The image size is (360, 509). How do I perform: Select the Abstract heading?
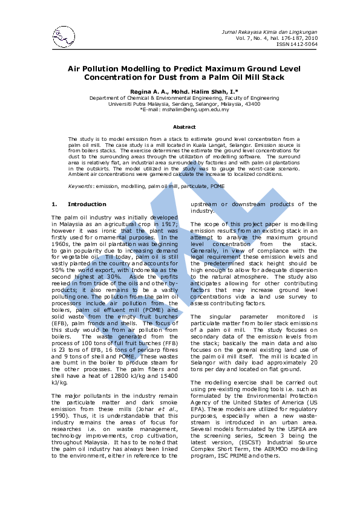(184, 127)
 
